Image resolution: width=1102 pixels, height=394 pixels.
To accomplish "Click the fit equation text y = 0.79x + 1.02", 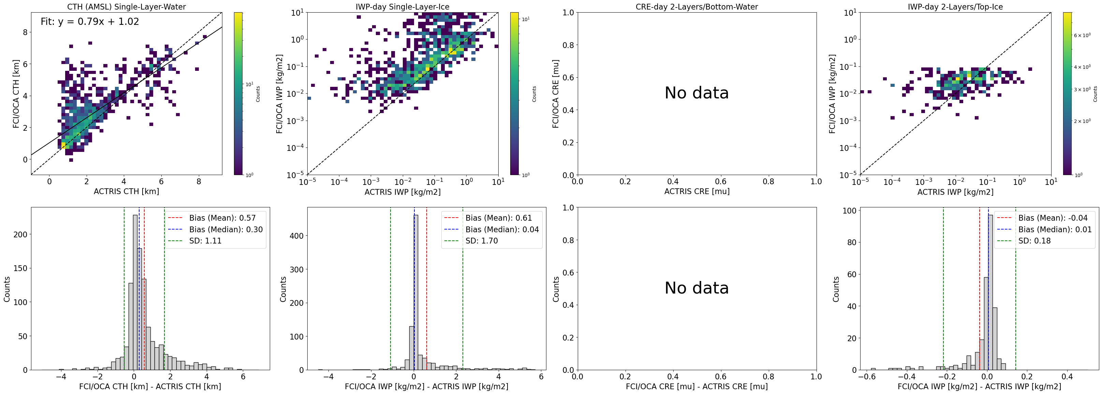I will pos(90,22).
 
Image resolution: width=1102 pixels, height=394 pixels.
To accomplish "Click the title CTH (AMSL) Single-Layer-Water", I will pos(126,7).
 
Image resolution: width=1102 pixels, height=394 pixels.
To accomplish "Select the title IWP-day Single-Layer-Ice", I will pos(402,7).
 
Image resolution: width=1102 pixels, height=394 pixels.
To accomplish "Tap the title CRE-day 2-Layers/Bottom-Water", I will pos(696,7).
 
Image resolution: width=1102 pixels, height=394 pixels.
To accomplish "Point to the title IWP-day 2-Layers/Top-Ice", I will pos(955,7).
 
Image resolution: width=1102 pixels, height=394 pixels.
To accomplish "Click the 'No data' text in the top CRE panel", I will pos(696,93).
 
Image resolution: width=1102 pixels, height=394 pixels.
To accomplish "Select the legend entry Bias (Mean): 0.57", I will pos(222,218).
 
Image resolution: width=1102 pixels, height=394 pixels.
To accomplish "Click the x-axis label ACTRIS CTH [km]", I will pos(126,191).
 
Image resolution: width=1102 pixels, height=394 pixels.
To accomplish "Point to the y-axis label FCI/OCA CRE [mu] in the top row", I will pos(555,94).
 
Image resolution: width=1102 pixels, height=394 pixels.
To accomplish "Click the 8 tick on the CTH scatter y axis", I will pos(25,32).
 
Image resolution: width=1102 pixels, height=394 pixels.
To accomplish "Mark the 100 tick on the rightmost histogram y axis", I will pos(849,211).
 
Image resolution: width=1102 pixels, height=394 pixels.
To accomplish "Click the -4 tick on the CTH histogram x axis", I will pos(61,377).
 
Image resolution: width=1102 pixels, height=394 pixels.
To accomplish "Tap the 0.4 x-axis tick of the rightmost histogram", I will pos(1067,377).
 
